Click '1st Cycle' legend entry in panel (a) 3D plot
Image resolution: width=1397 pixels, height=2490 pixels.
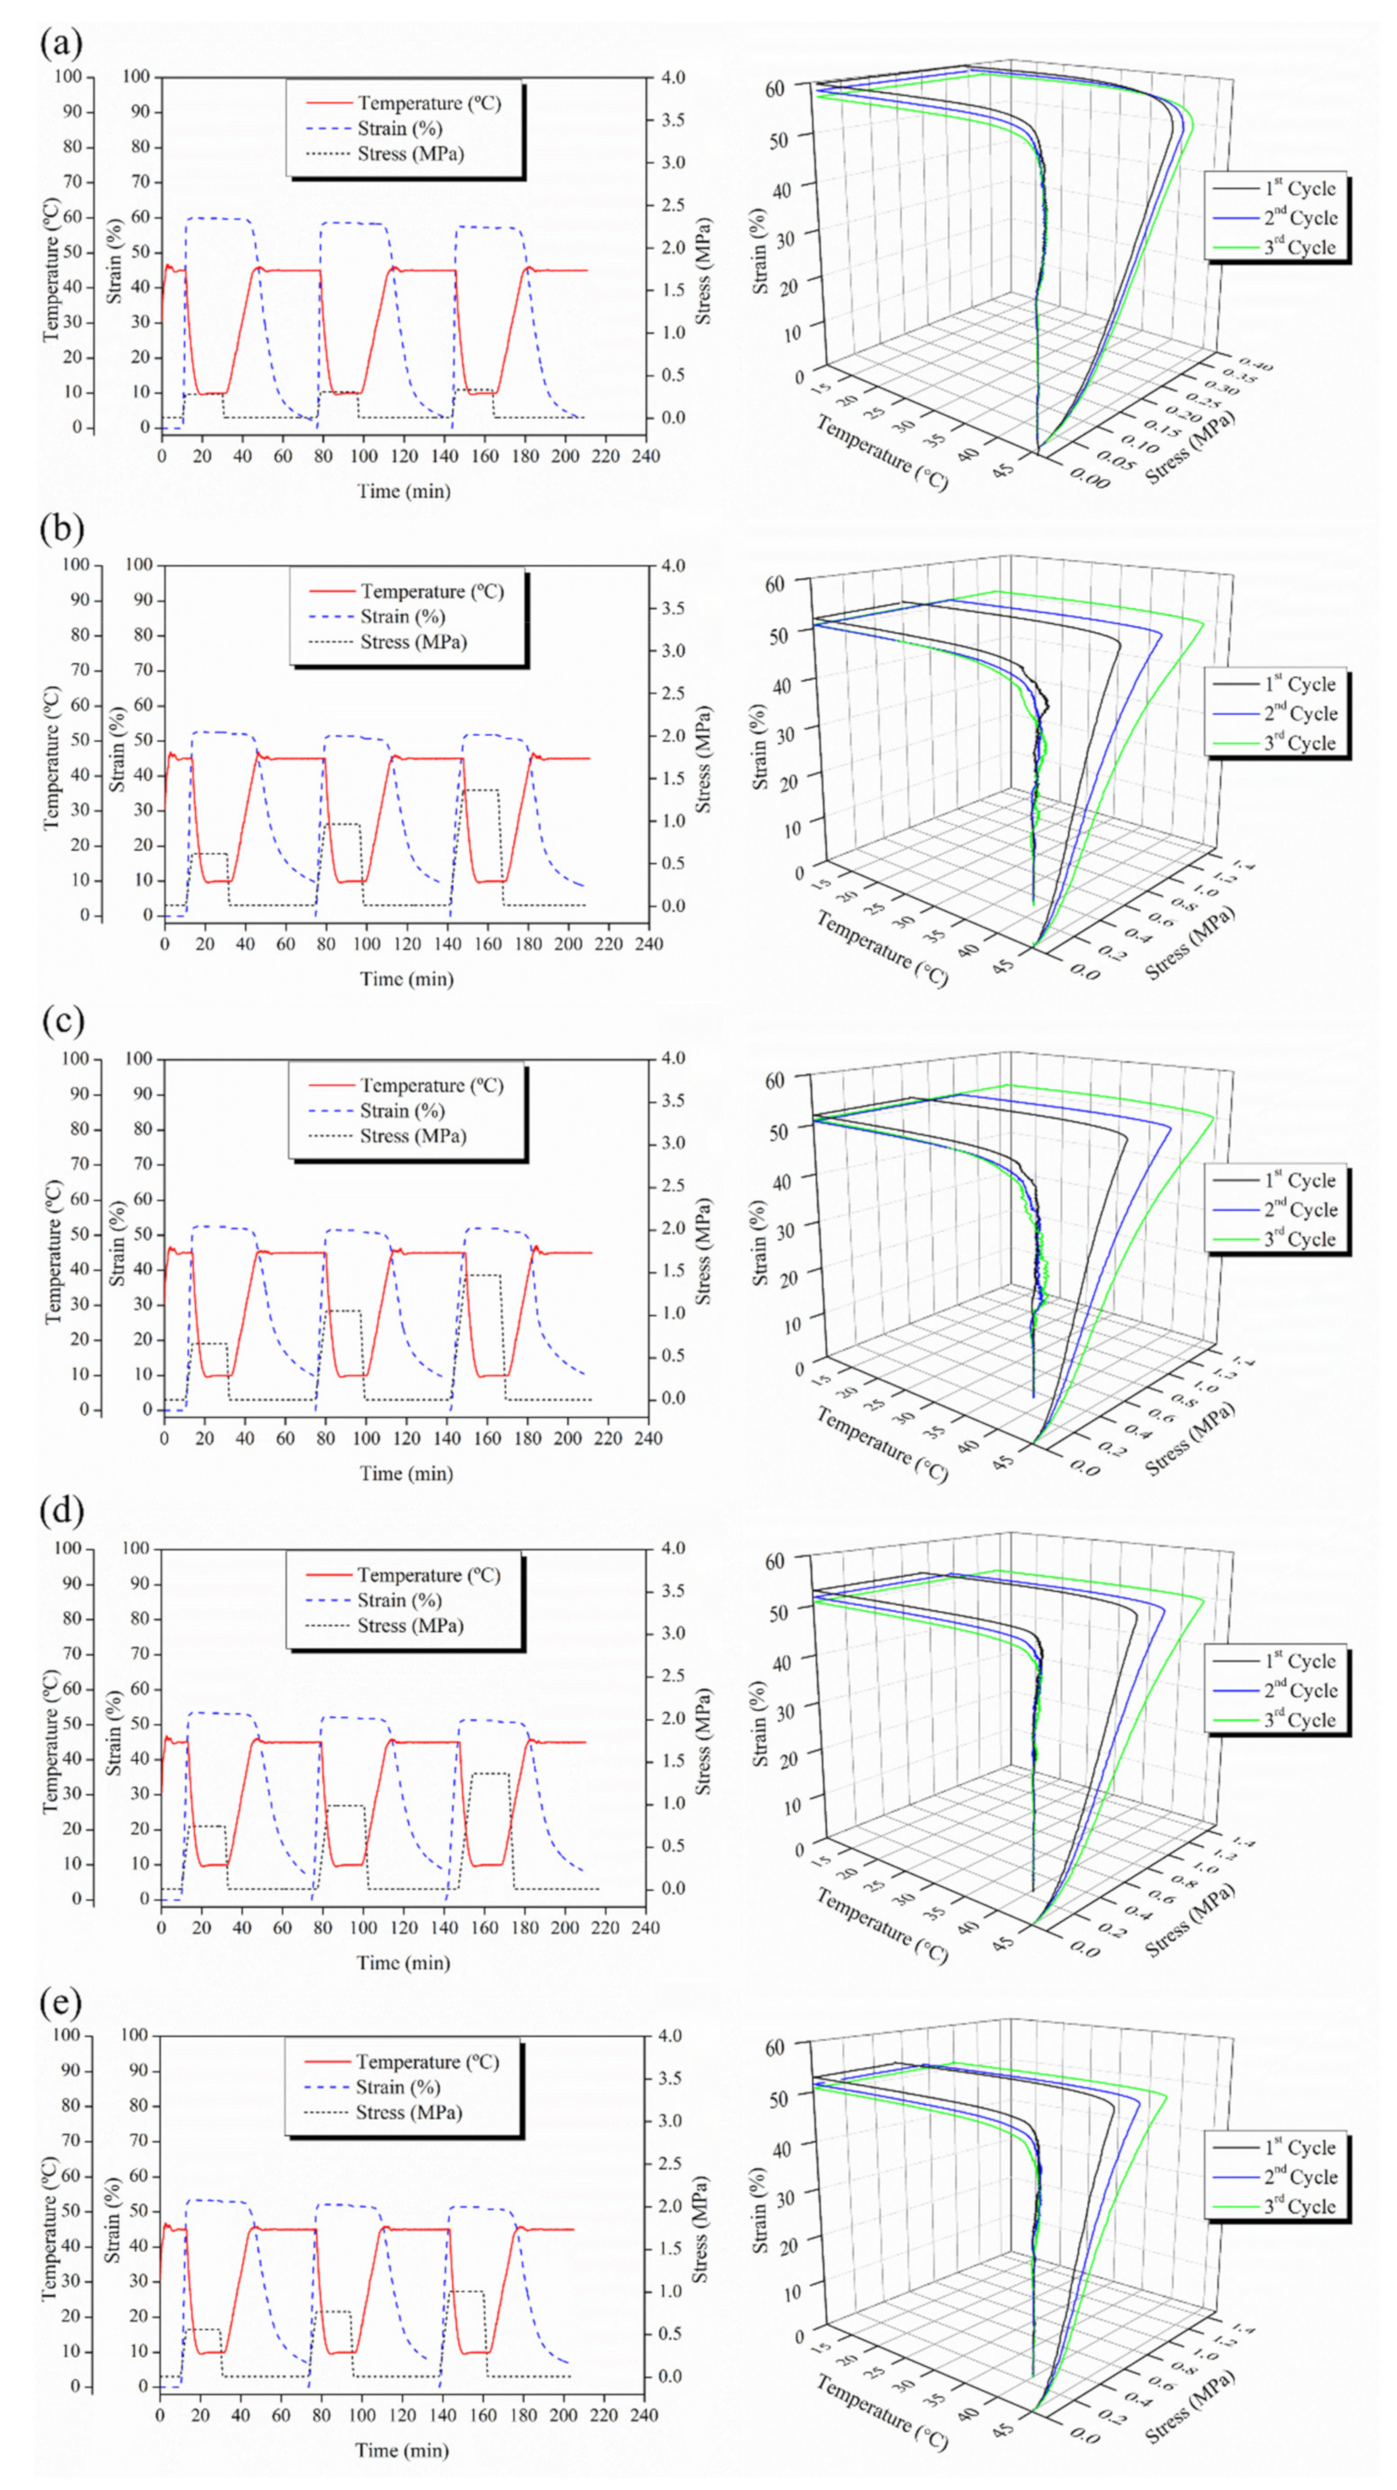[1299, 189]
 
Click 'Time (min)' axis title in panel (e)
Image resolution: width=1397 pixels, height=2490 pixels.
[402, 2450]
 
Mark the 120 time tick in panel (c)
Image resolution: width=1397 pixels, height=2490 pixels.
[407, 1438]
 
